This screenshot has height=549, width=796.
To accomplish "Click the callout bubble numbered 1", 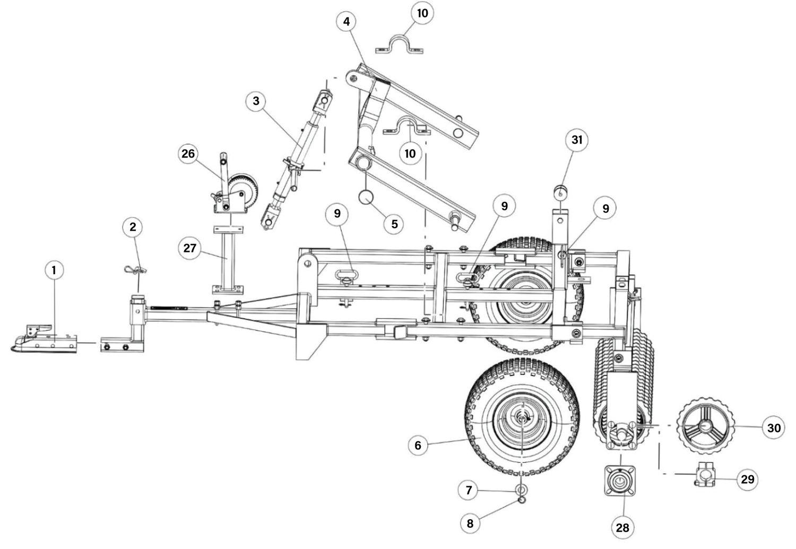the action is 54,270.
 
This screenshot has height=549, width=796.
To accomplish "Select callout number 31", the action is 577,140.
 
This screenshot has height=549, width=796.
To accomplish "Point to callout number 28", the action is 622,528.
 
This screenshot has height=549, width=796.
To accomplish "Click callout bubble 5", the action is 394,224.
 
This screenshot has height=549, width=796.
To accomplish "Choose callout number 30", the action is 774,428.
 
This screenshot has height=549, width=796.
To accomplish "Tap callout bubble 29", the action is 748,480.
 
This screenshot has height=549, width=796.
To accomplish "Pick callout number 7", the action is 469,490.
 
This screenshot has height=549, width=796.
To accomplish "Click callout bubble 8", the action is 470,523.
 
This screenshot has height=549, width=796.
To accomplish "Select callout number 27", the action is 189,248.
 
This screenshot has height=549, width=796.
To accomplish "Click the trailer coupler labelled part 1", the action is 44,339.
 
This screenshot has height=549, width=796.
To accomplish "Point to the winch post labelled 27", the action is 228,260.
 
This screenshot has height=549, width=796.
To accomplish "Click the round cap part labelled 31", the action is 560,193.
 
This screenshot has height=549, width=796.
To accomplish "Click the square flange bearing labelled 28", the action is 620,481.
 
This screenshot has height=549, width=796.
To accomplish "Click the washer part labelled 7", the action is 522,490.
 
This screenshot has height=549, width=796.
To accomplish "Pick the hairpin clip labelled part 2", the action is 135,270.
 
